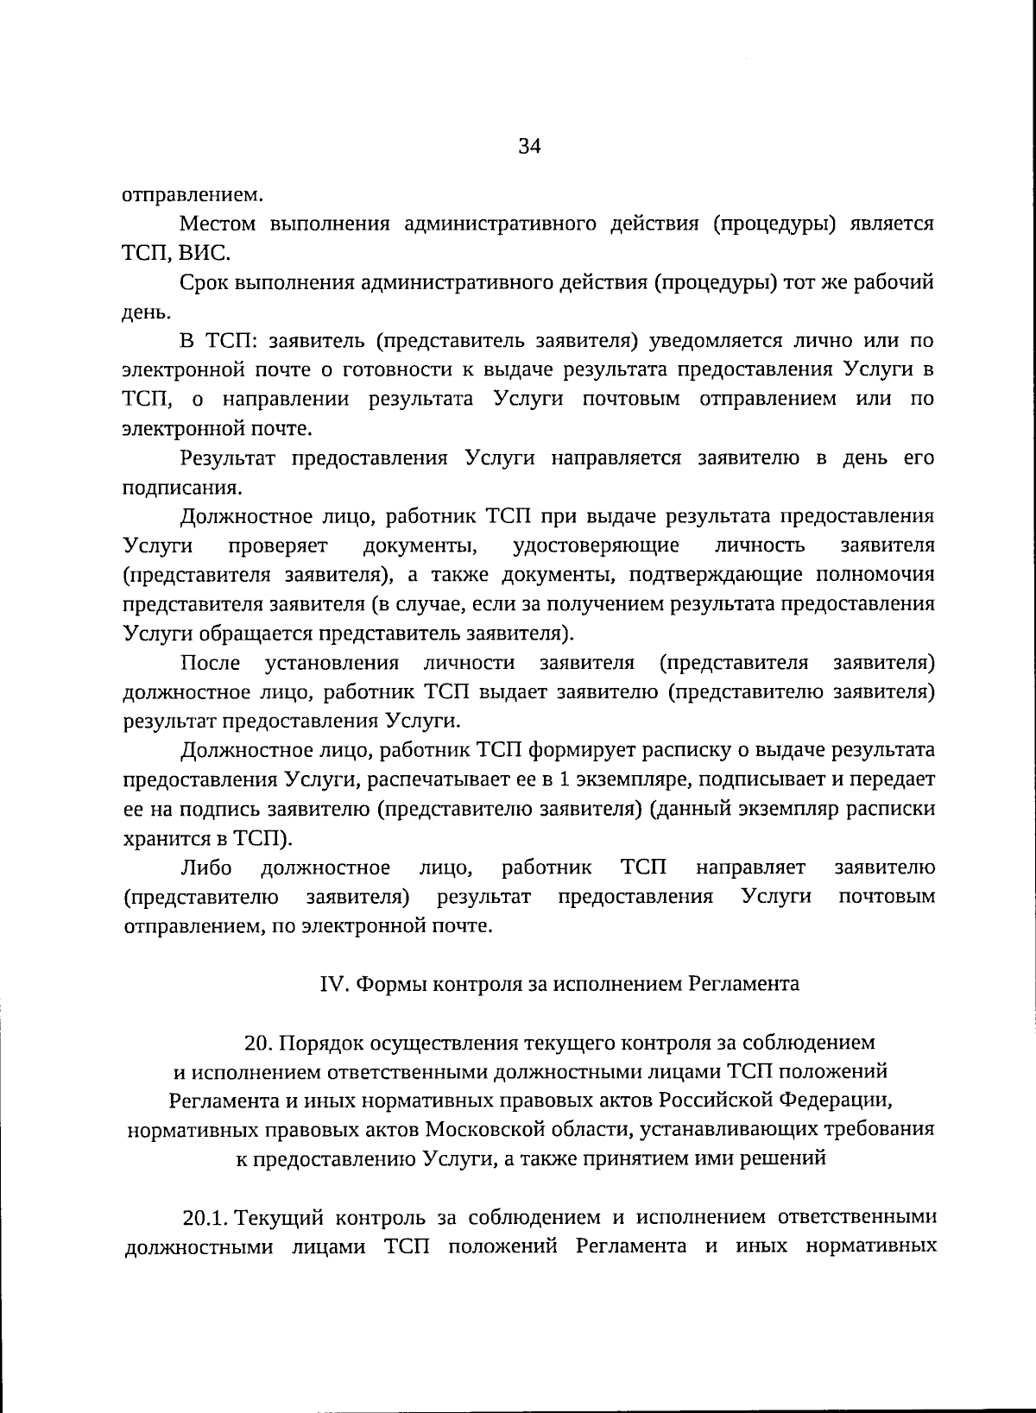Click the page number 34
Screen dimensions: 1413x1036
coord(529,147)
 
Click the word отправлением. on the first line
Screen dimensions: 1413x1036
coord(192,194)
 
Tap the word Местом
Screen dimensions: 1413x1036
coord(218,224)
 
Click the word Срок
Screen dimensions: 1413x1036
coord(205,283)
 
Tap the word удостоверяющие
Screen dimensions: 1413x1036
coord(596,546)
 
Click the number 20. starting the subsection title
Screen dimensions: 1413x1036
coord(258,1043)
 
